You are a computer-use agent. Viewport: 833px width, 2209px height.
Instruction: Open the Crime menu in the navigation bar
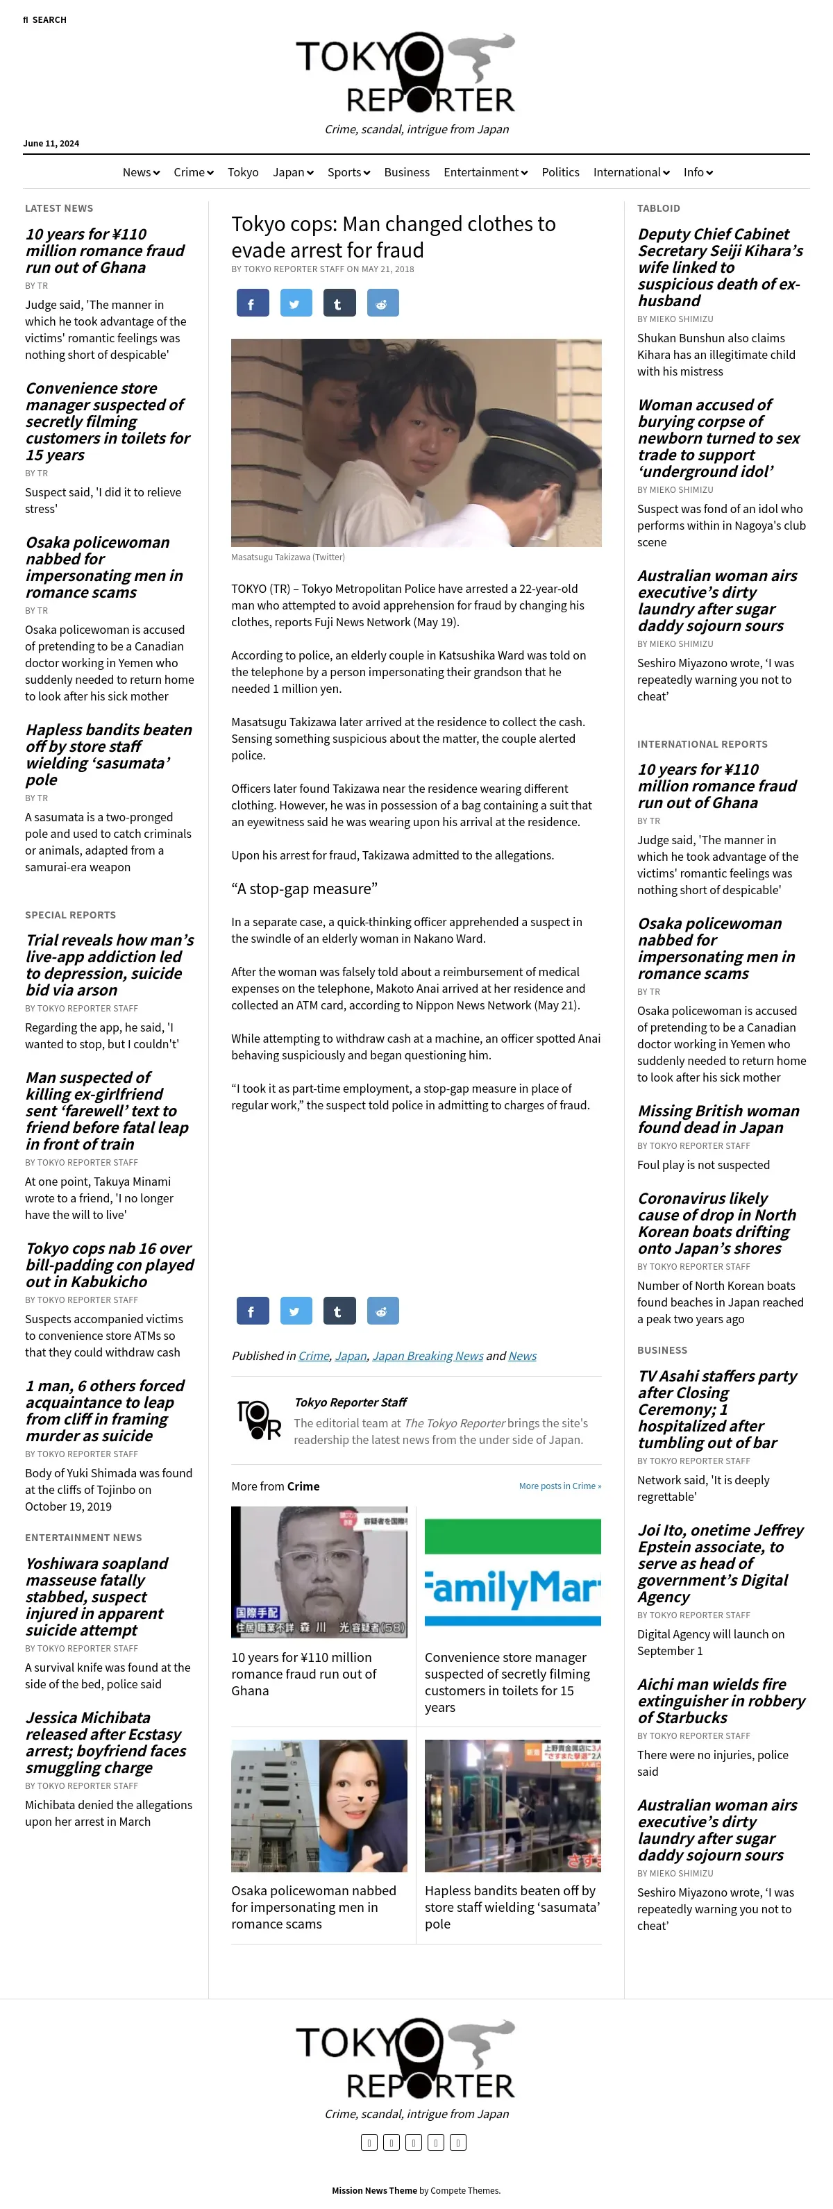click(193, 172)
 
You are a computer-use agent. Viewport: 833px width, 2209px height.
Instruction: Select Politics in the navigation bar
click(560, 172)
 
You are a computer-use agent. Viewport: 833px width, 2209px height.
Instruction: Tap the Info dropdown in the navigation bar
click(698, 172)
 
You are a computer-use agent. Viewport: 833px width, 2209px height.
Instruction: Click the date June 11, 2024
click(51, 143)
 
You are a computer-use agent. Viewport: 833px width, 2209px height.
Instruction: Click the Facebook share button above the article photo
click(252, 303)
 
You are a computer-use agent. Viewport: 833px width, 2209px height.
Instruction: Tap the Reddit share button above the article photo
click(382, 303)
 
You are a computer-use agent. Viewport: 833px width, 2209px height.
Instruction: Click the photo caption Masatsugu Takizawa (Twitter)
click(287, 557)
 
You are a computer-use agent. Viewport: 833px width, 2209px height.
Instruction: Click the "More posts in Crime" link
click(559, 1486)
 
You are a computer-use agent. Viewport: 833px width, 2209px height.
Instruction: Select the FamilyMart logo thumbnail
click(512, 1572)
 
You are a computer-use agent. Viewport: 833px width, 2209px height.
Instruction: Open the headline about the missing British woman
click(718, 1119)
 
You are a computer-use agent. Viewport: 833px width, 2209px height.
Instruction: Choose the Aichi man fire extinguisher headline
click(721, 1700)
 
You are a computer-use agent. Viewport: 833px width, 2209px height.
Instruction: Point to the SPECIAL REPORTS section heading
click(70, 915)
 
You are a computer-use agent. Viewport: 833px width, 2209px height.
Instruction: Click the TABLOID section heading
click(658, 208)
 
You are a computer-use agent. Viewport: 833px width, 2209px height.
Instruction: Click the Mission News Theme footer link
click(374, 2190)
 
